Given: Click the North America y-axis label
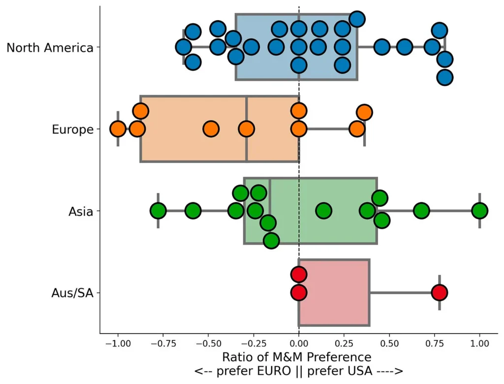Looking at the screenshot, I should click(x=50, y=48).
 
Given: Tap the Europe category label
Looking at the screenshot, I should click(x=72, y=130).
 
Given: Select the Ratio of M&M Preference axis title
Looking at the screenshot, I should click(x=297, y=357).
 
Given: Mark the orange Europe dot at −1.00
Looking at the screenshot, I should click(x=118, y=129).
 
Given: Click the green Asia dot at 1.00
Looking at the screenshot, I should click(x=480, y=211).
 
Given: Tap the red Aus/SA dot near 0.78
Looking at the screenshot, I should click(x=440, y=293).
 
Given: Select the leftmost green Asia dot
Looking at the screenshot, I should click(x=158, y=211).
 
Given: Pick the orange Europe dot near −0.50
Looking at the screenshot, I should click(x=211, y=129).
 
